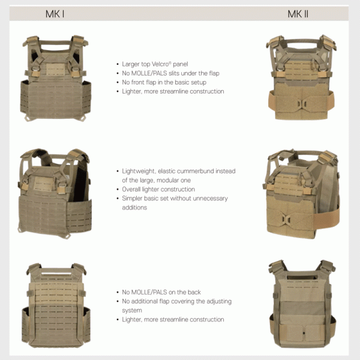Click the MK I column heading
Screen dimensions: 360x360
click(x=55, y=14)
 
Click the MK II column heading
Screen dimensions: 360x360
click(x=298, y=14)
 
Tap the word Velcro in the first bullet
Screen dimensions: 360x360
click(x=160, y=64)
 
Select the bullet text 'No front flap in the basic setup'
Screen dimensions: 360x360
click(x=164, y=82)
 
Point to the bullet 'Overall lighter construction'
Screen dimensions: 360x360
click(x=158, y=189)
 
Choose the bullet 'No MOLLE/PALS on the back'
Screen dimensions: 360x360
click(x=161, y=292)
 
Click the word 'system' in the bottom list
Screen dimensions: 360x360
click(x=132, y=310)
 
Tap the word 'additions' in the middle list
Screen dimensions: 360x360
click(x=134, y=208)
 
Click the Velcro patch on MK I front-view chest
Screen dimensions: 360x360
click(x=56, y=70)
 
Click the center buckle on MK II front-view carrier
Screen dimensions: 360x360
click(x=302, y=104)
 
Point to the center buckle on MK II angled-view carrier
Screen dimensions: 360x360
click(x=286, y=219)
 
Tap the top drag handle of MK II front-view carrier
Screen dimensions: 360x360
click(x=301, y=42)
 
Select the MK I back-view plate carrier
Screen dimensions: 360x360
click(x=56, y=305)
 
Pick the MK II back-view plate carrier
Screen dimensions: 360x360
click(x=302, y=304)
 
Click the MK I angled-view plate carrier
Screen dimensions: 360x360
click(x=55, y=194)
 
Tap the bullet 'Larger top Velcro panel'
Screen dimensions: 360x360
click(x=155, y=64)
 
